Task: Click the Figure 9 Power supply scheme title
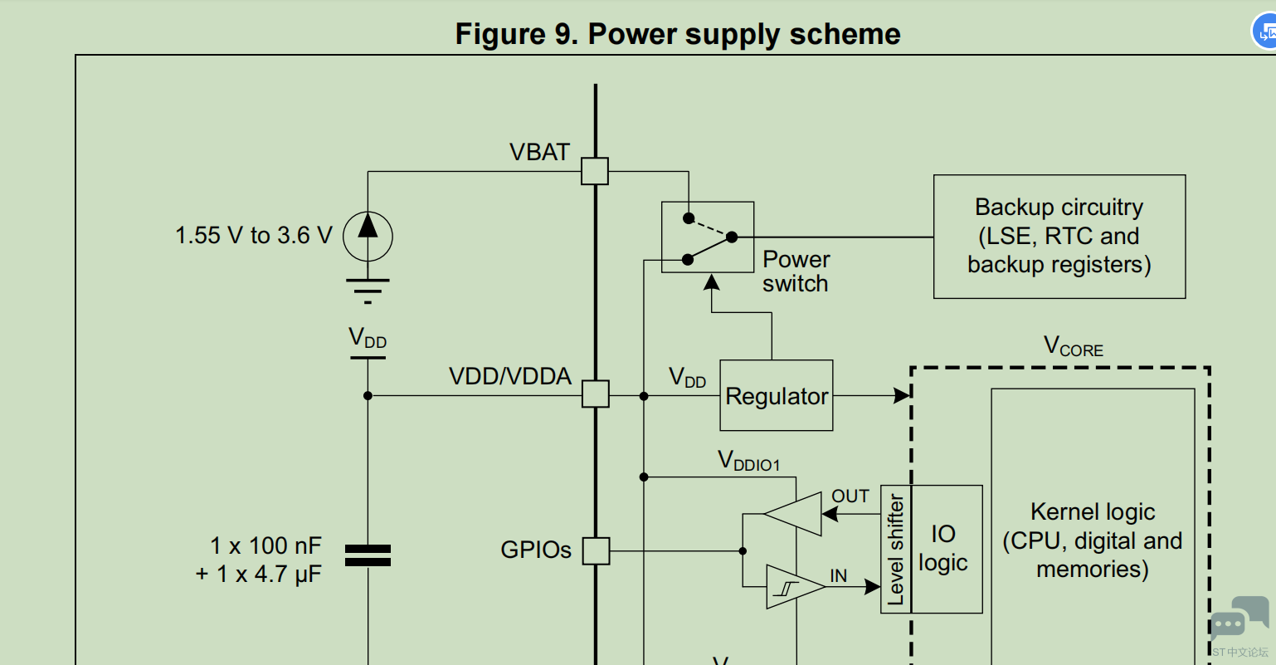(x=678, y=34)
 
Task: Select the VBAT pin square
(x=595, y=172)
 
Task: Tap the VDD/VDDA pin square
(x=595, y=394)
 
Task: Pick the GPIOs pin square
(x=596, y=550)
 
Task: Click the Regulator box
(x=776, y=396)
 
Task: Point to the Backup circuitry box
(x=1059, y=237)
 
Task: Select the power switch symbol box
(x=707, y=237)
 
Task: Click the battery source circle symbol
(x=368, y=236)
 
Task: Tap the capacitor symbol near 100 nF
(x=368, y=555)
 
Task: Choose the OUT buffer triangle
(x=795, y=514)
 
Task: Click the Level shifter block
(x=896, y=550)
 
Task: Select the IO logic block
(x=946, y=549)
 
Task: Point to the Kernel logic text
(x=1093, y=540)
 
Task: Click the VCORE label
(x=1073, y=346)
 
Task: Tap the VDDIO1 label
(x=748, y=462)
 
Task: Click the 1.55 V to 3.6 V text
(x=253, y=236)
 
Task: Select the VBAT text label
(x=539, y=153)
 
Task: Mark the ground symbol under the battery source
(x=368, y=287)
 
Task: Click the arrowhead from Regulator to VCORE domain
(x=902, y=396)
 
